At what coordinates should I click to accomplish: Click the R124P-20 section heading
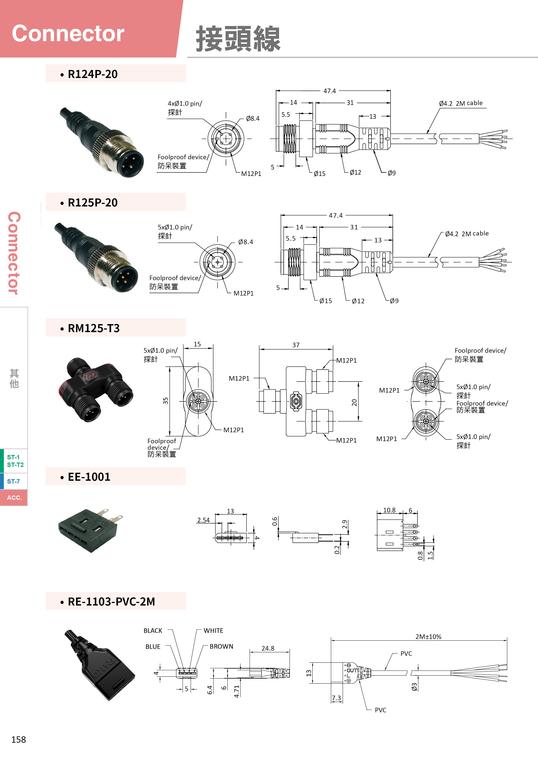92,74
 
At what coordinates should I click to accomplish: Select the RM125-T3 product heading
93,328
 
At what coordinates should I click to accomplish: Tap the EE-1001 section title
89,477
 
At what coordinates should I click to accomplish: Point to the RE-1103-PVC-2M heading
111,602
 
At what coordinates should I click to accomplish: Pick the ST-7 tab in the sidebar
14,481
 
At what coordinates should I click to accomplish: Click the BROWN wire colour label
221,646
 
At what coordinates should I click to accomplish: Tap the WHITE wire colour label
213,631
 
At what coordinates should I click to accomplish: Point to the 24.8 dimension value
268,648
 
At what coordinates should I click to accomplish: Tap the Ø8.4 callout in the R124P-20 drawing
253,119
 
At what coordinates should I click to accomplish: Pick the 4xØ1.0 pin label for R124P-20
185,104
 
